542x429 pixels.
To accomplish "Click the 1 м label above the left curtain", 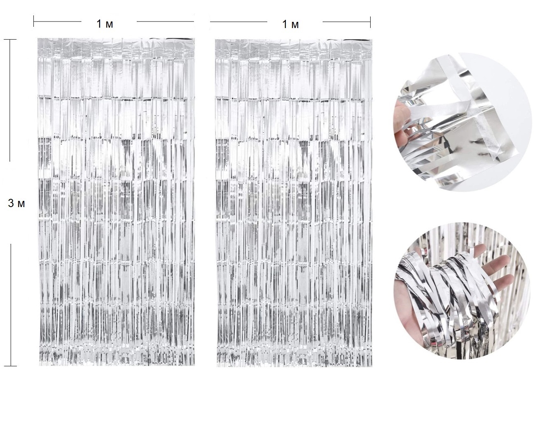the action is (x=105, y=24).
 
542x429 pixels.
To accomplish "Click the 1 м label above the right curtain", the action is (x=290, y=24).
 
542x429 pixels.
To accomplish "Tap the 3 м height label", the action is (x=16, y=203).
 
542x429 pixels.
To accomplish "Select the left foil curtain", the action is (x=116, y=202).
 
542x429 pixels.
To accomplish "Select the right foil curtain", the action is (x=294, y=203).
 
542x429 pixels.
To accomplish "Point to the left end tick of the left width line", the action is (x=34, y=21).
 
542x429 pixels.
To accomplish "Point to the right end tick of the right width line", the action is (x=370, y=22).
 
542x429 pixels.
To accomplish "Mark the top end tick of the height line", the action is (x=10, y=40).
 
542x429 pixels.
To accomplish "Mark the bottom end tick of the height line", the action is (x=10, y=365).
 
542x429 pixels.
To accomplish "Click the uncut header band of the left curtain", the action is (x=116, y=48).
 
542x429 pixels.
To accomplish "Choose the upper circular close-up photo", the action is (x=463, y=122).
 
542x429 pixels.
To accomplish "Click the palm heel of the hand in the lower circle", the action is (x=413, y=328).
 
